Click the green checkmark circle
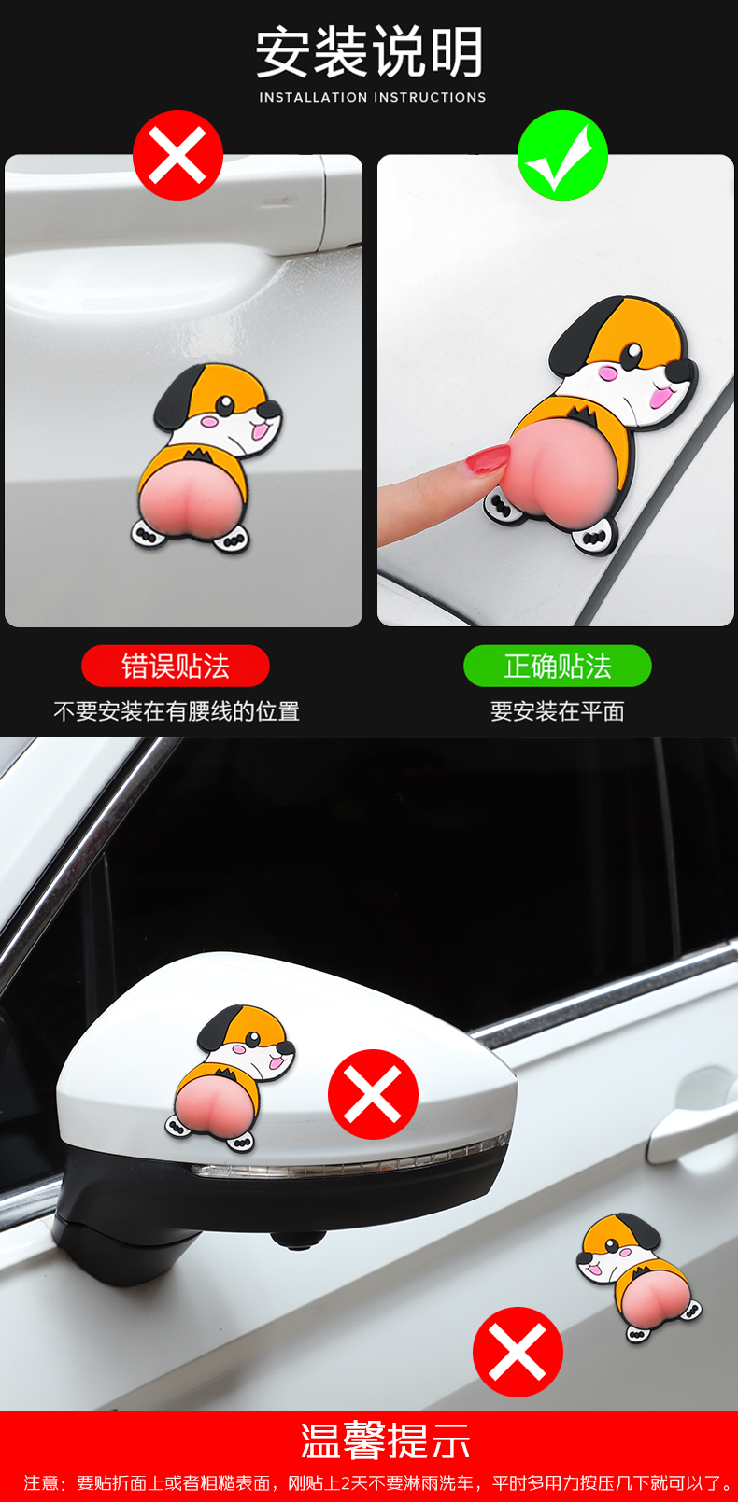tap(562, 156)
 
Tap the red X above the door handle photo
tap(177, 156)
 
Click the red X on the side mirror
tap(373, 1094)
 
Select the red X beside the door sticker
tap(518, 1352)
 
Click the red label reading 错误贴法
tap(175, 666)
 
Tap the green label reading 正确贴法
tap(558, 666)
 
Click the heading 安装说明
tap(370, 51)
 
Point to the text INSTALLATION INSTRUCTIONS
tap(373, 97)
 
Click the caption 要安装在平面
tap(558, 711)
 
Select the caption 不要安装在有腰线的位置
tap(177, 711)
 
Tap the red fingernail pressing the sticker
tap(488, 459)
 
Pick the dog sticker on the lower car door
tap(639, 1277)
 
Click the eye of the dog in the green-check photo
tap(632, 355)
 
